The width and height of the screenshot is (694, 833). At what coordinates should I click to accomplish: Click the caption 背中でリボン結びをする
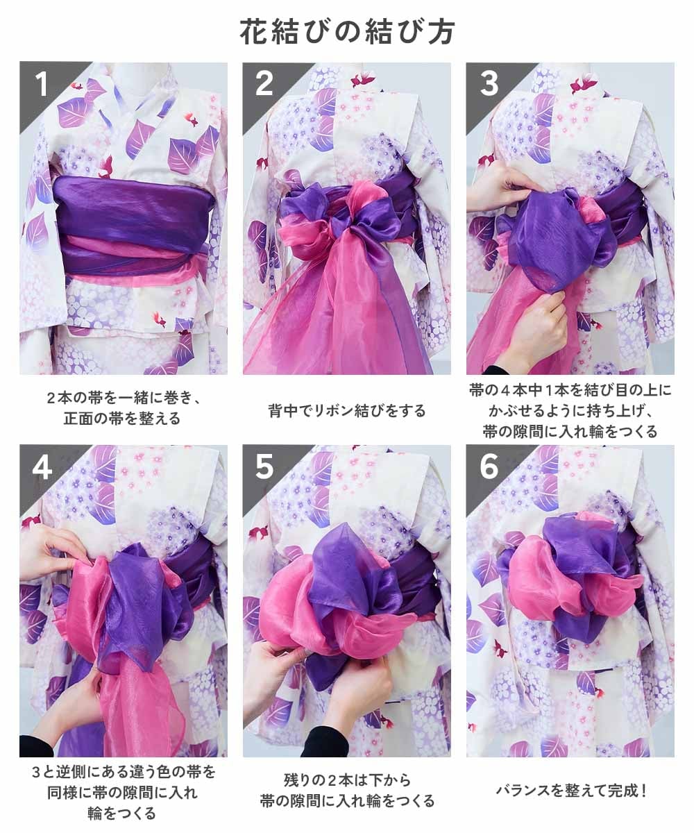[347, 410]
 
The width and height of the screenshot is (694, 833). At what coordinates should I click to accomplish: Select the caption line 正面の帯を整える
[122, 419]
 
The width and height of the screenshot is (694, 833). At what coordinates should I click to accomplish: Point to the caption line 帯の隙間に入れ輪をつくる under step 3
[570, 431]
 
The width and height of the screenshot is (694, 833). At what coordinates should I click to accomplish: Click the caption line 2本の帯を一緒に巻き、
[122, 398]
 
